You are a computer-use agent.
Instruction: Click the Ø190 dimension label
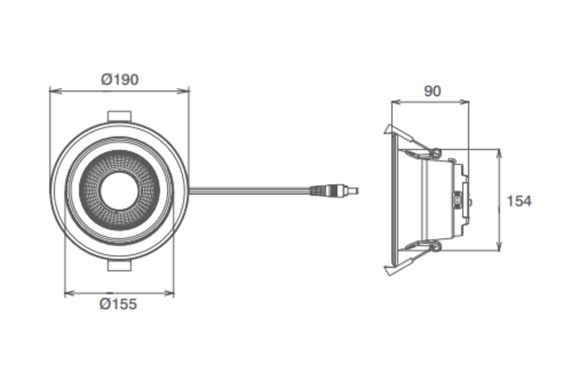[x=120, y=79]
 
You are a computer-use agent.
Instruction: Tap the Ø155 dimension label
[x=118, y=304]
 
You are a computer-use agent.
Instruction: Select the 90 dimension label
[x=433, y=91]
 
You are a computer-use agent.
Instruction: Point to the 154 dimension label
[x=519, y=201]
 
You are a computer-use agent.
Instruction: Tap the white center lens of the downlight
[x=119, y=190]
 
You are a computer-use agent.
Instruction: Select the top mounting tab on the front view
[x=119, y=116]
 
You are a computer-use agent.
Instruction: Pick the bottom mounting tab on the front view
[x=119, y=265]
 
